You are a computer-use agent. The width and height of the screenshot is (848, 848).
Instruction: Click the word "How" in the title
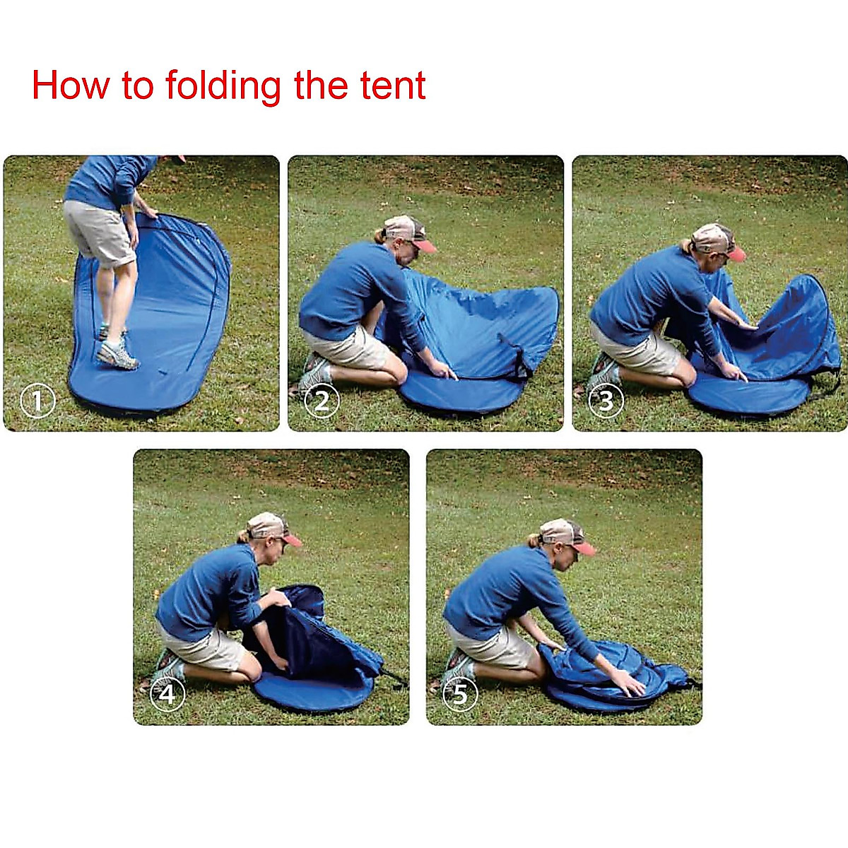71,86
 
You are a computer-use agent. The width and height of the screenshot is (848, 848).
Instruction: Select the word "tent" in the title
393,86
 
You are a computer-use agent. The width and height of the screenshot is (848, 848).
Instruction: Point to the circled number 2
322,401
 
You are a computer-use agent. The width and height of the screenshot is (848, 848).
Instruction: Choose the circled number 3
606,401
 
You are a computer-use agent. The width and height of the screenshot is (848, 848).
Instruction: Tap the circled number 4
167,695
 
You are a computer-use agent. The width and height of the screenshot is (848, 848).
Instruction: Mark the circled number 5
460,695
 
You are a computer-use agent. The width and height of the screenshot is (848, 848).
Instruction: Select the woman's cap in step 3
715,240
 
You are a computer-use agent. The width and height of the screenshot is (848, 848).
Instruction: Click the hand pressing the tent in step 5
628,682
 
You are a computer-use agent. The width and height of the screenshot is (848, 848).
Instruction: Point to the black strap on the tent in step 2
520,357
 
